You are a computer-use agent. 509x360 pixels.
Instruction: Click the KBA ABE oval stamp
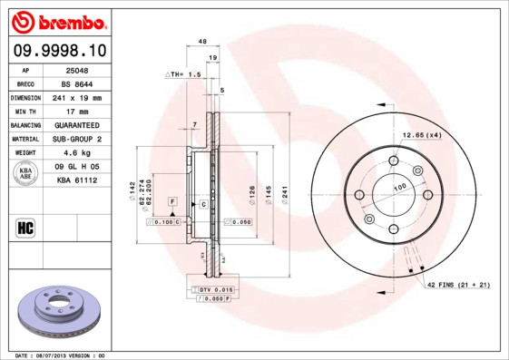point(26,173)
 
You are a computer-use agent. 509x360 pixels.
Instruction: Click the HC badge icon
point(25,226)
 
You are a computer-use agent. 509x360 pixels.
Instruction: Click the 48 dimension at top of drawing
point(202,42)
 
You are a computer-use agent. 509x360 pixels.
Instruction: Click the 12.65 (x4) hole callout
point(421,135)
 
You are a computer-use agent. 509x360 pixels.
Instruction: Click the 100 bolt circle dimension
point(398,187)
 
